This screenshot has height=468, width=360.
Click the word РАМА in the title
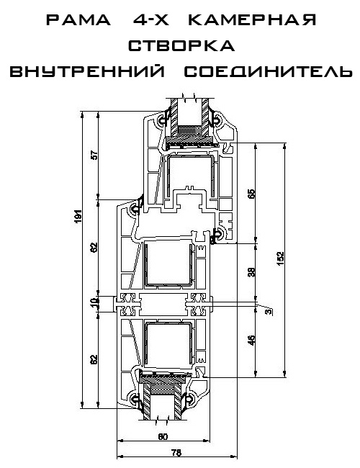pyautogui.click(x=78, y=20)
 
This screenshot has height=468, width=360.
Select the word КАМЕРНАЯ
pyautogui.click(x=252, y=20)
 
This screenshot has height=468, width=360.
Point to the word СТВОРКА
pyautogui.click(x=181, y=45)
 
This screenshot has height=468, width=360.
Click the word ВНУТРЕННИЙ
pyautogui.click(x=87, y=71)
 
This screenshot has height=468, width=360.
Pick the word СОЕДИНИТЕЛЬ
pyautogui.click(x=268, y=71)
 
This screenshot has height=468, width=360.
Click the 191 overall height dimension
pyautogui.click(x=78, y=217)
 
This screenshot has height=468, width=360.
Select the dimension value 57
pyautogui.click(x=94, y=156)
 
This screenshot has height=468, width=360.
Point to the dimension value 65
pyautogui.click(x=252, y=194)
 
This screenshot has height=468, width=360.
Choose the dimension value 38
pyautogui.click(x=252, y=271)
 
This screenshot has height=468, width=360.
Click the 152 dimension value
pyautogui.click(x=280, y=258)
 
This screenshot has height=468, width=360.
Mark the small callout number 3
pyautogui.click(x=269, y=312)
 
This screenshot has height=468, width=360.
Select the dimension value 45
pyautogui.click(x=252, y=341)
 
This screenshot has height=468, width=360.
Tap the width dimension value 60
pyautogui.click(x=163, y=436)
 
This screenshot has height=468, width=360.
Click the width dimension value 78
pyautogui.click(x=176, y=452)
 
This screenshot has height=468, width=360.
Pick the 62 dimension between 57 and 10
pyautogui.click(x=94, y=247)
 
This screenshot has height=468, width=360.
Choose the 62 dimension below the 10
pyautogui.click(x=94, y=359)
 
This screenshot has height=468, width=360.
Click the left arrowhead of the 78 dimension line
pyautogui.click(x=119, y=456)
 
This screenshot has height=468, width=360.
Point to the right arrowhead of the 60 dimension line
pyautogui.click(x=207, y=440)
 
